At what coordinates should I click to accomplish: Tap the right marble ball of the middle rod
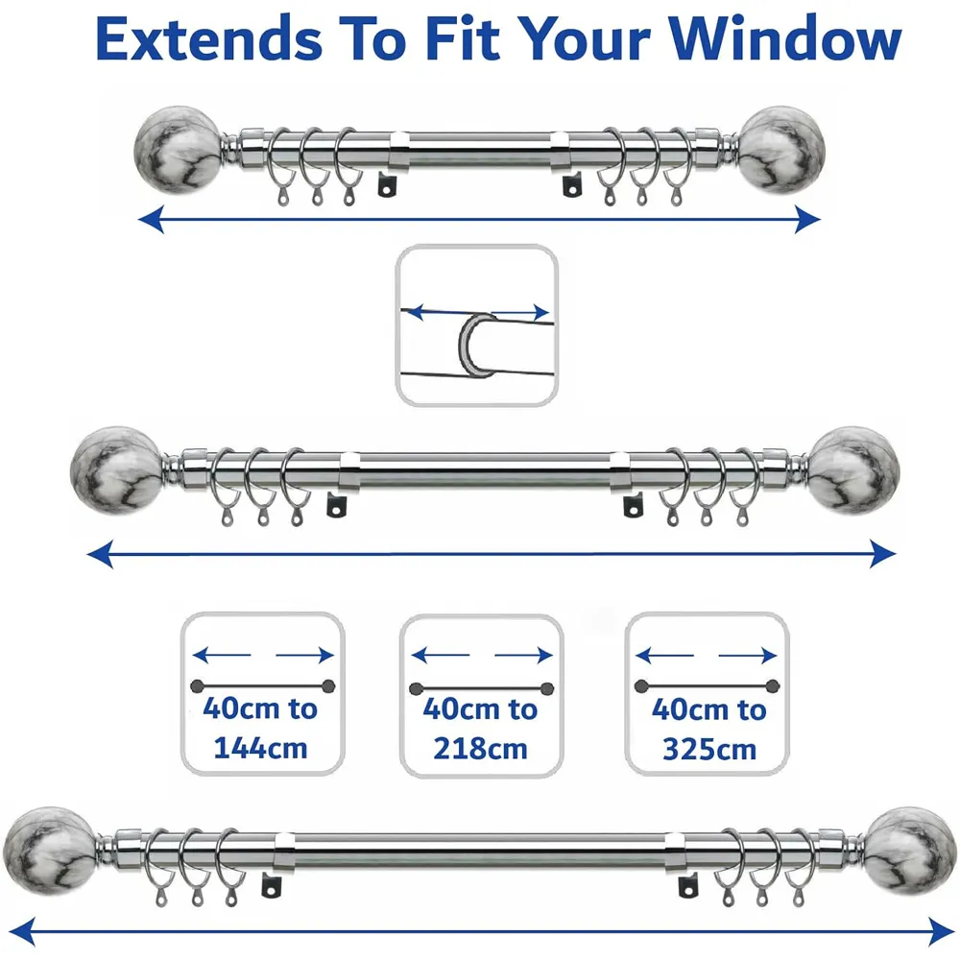pyautogui.click(x=852, y=469)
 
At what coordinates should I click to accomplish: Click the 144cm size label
pyautogui.click(x=260, y=747)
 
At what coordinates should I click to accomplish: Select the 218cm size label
pyautogui.click(x=480, y=747)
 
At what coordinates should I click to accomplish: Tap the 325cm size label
pyautogui.click(x=708, y=749)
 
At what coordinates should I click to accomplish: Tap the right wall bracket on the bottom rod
pyautogui.click(x=687, y=885)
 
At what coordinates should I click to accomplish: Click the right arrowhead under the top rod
pyautogui.click(x=809, y=221)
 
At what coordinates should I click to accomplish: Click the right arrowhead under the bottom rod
pyautogui.click(x=941, y=929)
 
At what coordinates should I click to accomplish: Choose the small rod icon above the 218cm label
pyautogui.click(x=481, y=687)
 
